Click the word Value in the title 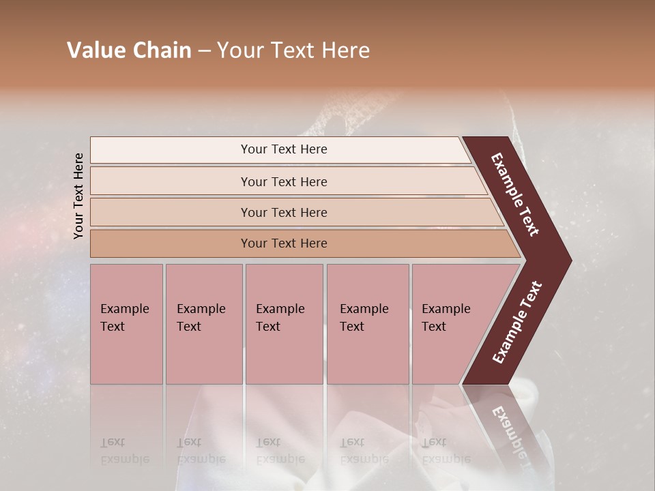(93, 50)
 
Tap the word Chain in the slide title (160, 50)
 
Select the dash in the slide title (204, 51)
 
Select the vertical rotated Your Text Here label (78, 196)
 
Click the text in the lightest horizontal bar (284, 149)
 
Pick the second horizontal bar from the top (284, 181)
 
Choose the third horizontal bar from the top (284, 212)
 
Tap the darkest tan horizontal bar (284, 243)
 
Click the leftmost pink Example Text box (126, 324)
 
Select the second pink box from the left (204, 324)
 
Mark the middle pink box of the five (284, 324)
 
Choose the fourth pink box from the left (368, 324)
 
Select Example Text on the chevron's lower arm (517, 322)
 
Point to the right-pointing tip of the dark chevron (568, 260)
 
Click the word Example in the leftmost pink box (124, 309)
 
